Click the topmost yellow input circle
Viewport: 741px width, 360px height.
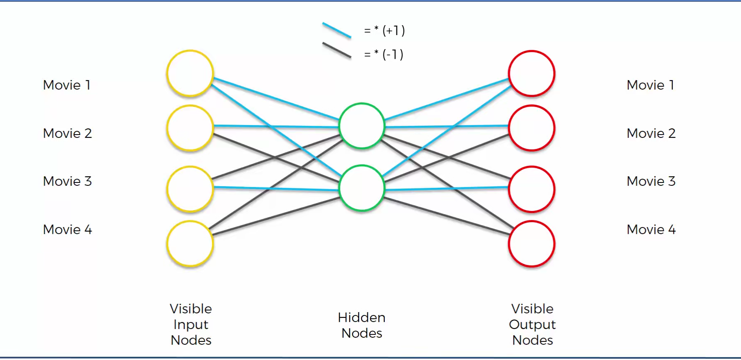[190, 73]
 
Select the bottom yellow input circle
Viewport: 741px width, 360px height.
[190, 244]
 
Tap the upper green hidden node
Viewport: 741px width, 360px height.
[362, 126]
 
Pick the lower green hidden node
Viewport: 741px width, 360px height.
[362, 188]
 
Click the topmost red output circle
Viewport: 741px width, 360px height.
[532, 73]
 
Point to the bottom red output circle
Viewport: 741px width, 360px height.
[532, 244]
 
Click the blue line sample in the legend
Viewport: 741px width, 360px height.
[336, 30]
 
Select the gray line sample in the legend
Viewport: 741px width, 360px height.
[336, 50]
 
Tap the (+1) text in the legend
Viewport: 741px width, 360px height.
[393, 31]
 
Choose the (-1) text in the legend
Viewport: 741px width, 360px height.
[393, 54]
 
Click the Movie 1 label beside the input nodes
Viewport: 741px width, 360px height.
[66, 85]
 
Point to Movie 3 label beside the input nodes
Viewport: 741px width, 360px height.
[67, 181]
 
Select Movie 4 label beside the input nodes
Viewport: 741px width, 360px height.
[67, 230]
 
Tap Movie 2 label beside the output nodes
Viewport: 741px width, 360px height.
[651, 133]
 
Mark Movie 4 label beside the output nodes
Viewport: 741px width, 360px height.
[651, 230]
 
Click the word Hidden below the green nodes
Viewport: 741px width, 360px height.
[362, 317]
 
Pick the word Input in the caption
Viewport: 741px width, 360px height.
[191, 325]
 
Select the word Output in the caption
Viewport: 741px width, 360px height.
[532, 324]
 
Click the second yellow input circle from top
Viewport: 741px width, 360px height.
[190, 128]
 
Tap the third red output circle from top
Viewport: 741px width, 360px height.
[532, 189]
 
